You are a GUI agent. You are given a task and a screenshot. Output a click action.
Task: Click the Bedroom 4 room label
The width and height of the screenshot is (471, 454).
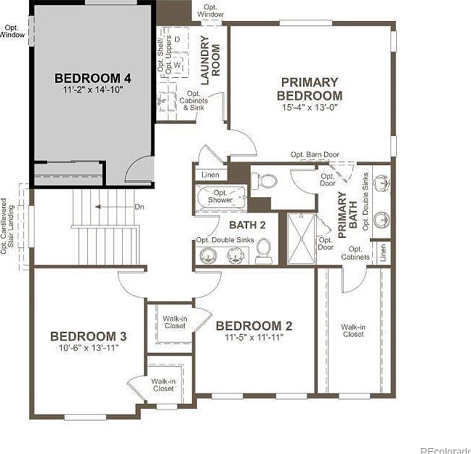tap(93, 77)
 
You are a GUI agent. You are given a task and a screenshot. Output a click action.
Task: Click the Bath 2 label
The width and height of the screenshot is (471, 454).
tap(243, 225)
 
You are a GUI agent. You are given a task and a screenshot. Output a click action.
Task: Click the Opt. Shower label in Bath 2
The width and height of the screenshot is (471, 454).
tap(220, 196)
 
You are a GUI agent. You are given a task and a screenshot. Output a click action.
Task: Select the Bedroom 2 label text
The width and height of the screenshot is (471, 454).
tap(254, 326)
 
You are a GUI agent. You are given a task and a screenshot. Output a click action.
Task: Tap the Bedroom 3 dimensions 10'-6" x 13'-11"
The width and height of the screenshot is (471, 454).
tap(88, 348)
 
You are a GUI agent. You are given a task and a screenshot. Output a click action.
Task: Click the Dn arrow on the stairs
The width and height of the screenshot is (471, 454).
tap(109, 207)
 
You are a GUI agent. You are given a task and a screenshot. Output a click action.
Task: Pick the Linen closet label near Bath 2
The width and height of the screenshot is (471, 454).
tap(210, 175)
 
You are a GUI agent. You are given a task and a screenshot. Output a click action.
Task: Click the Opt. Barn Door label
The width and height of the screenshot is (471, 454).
tap(314, 154)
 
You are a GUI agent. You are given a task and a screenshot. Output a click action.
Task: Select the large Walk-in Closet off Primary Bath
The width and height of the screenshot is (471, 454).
tap(353, 331)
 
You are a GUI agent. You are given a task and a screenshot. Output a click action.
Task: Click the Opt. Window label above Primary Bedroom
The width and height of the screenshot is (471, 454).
tap(211, 11)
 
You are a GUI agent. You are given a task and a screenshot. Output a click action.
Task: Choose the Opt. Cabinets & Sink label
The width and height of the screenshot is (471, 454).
tap(194, 101)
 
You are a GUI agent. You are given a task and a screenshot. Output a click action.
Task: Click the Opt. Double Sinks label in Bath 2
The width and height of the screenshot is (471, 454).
tap(225, 240)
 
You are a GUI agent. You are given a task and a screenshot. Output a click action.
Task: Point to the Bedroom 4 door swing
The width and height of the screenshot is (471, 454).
tap(139, 170)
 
